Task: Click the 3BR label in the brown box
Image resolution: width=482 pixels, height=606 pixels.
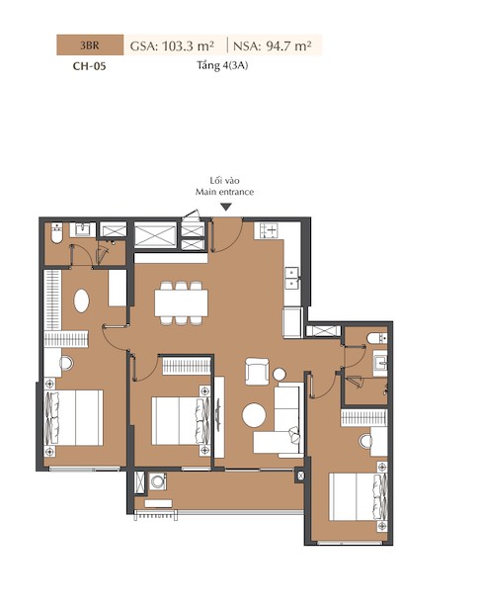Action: [90, 45]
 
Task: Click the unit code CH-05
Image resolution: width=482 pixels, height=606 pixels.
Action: [89, 66]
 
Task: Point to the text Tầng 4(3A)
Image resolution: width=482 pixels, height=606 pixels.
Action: [222, 65]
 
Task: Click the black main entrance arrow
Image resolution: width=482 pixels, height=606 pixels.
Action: [226, 208]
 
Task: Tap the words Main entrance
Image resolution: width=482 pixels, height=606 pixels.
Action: [224, 192]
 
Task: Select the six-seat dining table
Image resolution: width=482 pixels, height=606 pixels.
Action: [182, 303]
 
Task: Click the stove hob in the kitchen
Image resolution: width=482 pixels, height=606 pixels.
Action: [269, 230]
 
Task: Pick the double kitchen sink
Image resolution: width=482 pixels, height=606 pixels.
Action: [292, 278]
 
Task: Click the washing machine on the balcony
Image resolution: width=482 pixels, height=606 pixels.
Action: [158, 481]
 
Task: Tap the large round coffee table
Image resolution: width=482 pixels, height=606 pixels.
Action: [254, 415]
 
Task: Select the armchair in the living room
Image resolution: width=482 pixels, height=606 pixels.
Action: [258, 372]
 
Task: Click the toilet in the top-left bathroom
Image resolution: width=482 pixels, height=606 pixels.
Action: [56, 233]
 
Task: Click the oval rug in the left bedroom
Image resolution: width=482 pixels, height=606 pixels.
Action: [82, 302]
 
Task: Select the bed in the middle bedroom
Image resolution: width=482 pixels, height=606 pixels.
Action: [181, 420]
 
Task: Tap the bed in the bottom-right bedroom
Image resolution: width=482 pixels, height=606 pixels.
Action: [358, 496]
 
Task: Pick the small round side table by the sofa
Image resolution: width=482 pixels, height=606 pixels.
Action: [280, 374]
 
